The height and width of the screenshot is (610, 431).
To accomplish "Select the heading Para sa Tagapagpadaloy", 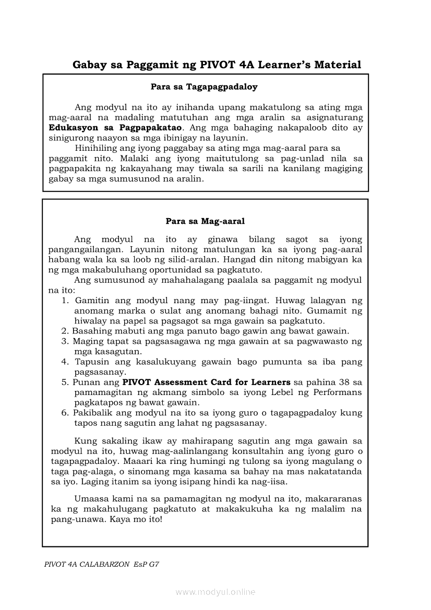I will coord(204,87).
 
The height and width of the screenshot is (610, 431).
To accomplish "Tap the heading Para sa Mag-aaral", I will coord(205,221).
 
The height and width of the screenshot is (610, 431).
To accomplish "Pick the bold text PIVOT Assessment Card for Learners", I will coord(206,382).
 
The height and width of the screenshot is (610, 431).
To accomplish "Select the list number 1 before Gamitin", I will coord(65,301).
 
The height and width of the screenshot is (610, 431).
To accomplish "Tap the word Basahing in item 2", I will coord(90,331).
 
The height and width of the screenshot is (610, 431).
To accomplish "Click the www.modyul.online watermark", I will coord(215,592).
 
